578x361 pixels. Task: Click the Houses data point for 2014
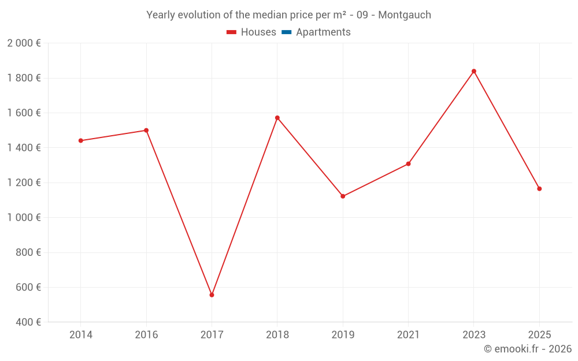80,140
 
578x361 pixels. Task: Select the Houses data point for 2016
146,130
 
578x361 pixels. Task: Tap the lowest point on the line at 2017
212,295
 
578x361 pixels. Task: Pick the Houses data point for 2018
277,118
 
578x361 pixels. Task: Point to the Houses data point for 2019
343,196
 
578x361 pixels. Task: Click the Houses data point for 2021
408,164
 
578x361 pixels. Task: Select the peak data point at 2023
474,71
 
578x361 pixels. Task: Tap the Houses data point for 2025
539,189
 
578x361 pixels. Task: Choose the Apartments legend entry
323,32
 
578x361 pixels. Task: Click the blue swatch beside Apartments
286,32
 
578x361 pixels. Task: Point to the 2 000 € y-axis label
24,43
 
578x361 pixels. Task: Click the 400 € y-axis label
27,322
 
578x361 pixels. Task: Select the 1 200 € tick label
24,183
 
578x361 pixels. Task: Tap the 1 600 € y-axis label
24,113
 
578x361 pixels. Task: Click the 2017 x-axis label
212,334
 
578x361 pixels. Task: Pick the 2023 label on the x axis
474,334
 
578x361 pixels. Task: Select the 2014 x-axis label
80,334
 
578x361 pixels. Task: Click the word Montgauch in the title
405,15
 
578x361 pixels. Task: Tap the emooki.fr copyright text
528,349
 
